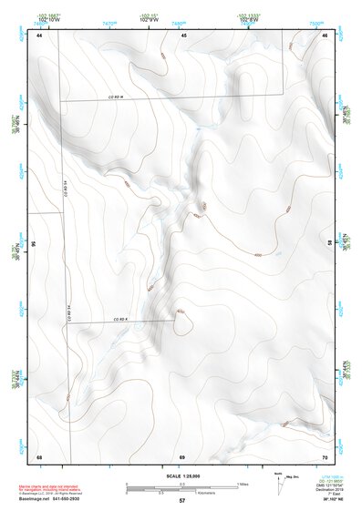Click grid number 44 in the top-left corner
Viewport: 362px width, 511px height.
pyautogui.click(x=39, y=36)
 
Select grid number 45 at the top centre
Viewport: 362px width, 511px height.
pyautogui.click(x=184, y=36)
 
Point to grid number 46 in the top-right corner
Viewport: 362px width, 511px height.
pyautogui.click(x=326, y=36)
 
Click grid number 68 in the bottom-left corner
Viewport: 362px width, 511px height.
pyautogui.click(x=39, y=456)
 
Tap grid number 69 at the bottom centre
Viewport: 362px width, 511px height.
pyautogui.click(x=182, y=456)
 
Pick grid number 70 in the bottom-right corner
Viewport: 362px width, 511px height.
pyautogui.click(x=326, y=456)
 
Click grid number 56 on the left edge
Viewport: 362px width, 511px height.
pyautogui.click(x=35, y=244)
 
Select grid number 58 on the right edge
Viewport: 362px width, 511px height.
pyautogui.click(x=330, y=244)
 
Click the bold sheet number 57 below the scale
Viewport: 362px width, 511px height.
pyautogui.click(x=182, y=501)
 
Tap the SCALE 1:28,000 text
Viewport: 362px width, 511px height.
pyautogui.click(x=182, y=475)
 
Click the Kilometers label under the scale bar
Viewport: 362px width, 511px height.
pyautogui.click(x=182, y=494)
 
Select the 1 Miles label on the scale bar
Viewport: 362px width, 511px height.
pyautogui.click(x=243, y=483)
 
